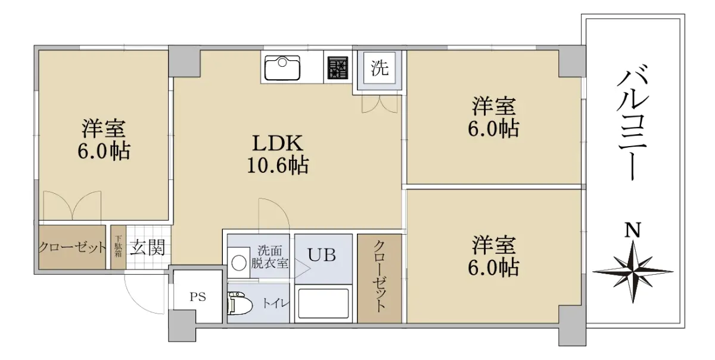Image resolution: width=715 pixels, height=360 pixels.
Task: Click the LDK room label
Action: pos(278,143)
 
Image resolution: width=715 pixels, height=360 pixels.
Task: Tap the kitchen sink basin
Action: pos(282,68)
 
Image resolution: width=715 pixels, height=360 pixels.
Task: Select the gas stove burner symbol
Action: pos(337,67)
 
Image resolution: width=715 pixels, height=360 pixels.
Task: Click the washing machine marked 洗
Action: pos(379,68)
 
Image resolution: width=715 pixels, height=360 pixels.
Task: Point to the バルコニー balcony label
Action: pos(632,122)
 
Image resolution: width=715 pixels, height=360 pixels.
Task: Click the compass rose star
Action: pos(633,272)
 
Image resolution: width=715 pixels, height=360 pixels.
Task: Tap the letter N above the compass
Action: pos(633,230)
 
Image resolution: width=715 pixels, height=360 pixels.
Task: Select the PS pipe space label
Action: pos(198,297)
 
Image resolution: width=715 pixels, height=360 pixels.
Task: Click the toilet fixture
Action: pos(240,303)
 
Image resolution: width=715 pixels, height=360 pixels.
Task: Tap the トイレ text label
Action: pos(275,303)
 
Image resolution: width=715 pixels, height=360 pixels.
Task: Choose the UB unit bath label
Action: pos(321,255)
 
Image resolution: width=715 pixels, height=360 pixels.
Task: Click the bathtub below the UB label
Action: pos(323,303)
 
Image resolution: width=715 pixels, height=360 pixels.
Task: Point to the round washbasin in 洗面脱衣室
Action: pos(238,263)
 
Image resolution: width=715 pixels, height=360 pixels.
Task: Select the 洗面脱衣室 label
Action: pos(270,257)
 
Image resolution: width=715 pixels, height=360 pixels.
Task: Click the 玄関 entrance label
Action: pos(147,247)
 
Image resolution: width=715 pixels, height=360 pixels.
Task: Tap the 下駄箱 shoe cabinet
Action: pos(119,247)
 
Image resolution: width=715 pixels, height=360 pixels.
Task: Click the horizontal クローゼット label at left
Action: pos(72,247)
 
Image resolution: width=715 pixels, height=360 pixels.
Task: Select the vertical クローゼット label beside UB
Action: pos(379,277)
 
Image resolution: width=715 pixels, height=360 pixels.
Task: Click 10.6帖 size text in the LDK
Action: pos(278,165)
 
